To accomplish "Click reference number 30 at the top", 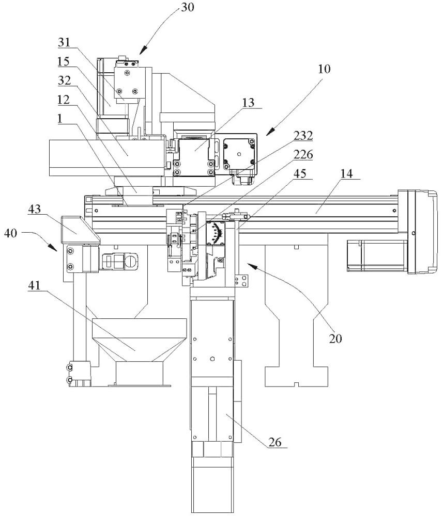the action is pyautogui.click(x=188, y=7).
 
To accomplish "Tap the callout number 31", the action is pyautogui.click(x=65, y=42).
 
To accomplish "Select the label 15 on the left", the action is pyautogui.click(x=65, y=61).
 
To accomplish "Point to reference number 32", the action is pyautogui.click(x=65, y=80).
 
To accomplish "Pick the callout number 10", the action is pyautogui.click(x=324, y=69).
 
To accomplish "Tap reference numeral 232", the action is pyautogui.click(x=303, y=135).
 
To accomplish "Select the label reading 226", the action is pyautogui.click(x=303, y=154).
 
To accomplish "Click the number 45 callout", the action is pyautogui.click(x=300, y=173).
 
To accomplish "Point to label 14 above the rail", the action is pyautogui.click(x=346, y=173).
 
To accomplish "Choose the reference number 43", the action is pyautogui.click(x=34, y=208).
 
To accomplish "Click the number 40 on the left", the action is pyautogui.click(x=10, y=234).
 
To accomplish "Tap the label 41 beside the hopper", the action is pyautogui.click(x=34, y=285).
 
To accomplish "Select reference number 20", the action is pyautogui.click(x=335, y=338).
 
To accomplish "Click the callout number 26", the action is pyautogui.click(x=275, y=442).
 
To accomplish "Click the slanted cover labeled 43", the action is pyautogui.click(x=79, y=230).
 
